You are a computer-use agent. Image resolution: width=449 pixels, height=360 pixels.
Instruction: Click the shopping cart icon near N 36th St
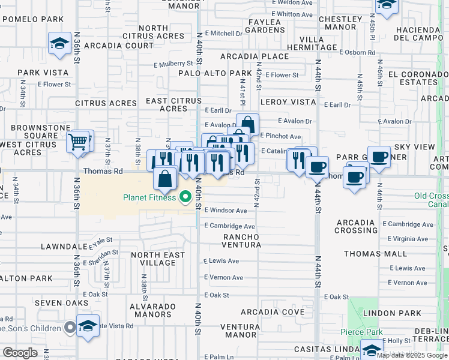pyautogui.click(x=77, y=142)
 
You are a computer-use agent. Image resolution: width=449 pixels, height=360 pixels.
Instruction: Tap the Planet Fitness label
pyautogui.click(x=149, y=197)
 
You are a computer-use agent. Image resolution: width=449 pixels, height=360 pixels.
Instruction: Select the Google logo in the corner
pyautogui.click(x=20, y=352)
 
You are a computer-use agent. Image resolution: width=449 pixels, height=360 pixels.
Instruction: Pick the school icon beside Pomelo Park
pyautogui.click(x=60, y=43)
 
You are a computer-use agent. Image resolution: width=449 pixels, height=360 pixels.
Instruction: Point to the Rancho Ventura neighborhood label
pyautogui.click(x=241, y=241)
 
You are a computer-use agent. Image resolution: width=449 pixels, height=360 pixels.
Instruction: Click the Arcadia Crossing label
pyautogui.click(x=357, y=226)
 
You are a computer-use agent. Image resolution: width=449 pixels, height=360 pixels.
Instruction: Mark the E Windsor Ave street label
pyautogui.click(x=226, y=211)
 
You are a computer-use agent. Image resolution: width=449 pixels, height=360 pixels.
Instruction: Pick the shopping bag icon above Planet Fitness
pyautogui.click(x=165, y=179)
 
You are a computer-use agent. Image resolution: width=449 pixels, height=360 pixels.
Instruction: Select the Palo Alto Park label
pyautogui.click(x=215, y=73)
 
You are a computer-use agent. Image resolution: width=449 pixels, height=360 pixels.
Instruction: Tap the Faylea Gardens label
pyautogui.click(x=265, y=26)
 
